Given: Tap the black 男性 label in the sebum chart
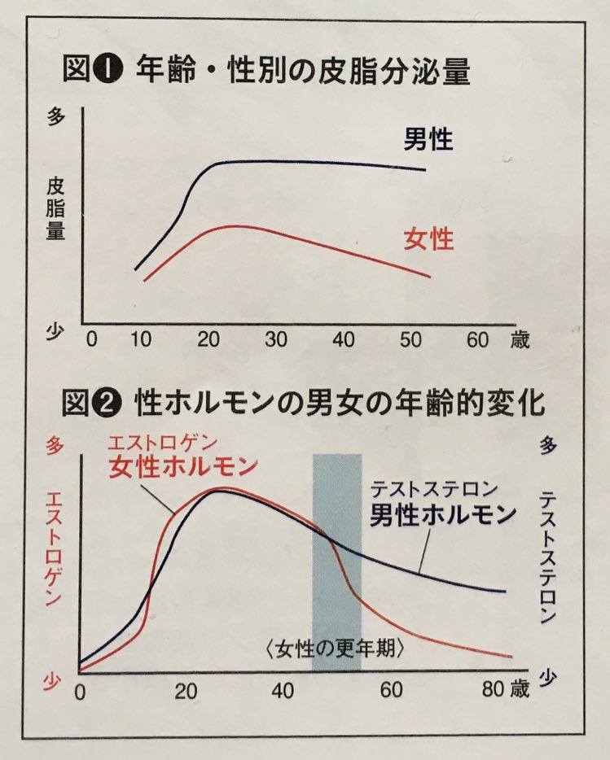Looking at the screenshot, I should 428,139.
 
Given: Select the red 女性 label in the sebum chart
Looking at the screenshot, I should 428,239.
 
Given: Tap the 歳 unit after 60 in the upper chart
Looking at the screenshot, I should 519,340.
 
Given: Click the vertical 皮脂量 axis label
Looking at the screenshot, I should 55,208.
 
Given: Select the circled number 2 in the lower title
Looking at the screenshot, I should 111,403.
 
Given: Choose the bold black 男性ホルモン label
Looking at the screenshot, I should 444,515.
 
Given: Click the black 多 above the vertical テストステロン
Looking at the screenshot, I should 547,446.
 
